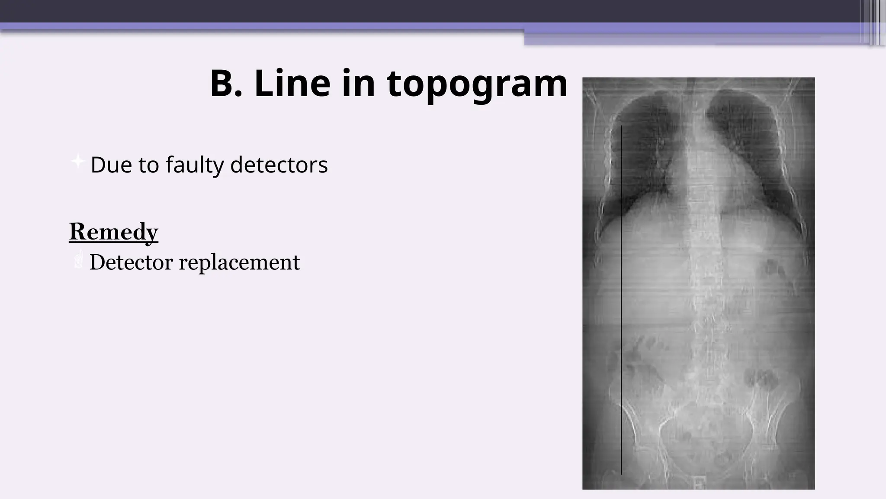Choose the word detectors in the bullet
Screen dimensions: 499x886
[x=279, y=165]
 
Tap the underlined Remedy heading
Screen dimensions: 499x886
[x=114, y=231]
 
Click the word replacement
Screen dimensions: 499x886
[x=239, y=263]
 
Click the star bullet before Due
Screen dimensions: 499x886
[x=77, y=161]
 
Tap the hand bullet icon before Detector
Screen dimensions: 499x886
[x=78, y=261]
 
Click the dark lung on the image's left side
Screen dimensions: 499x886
[x=640, y=152]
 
